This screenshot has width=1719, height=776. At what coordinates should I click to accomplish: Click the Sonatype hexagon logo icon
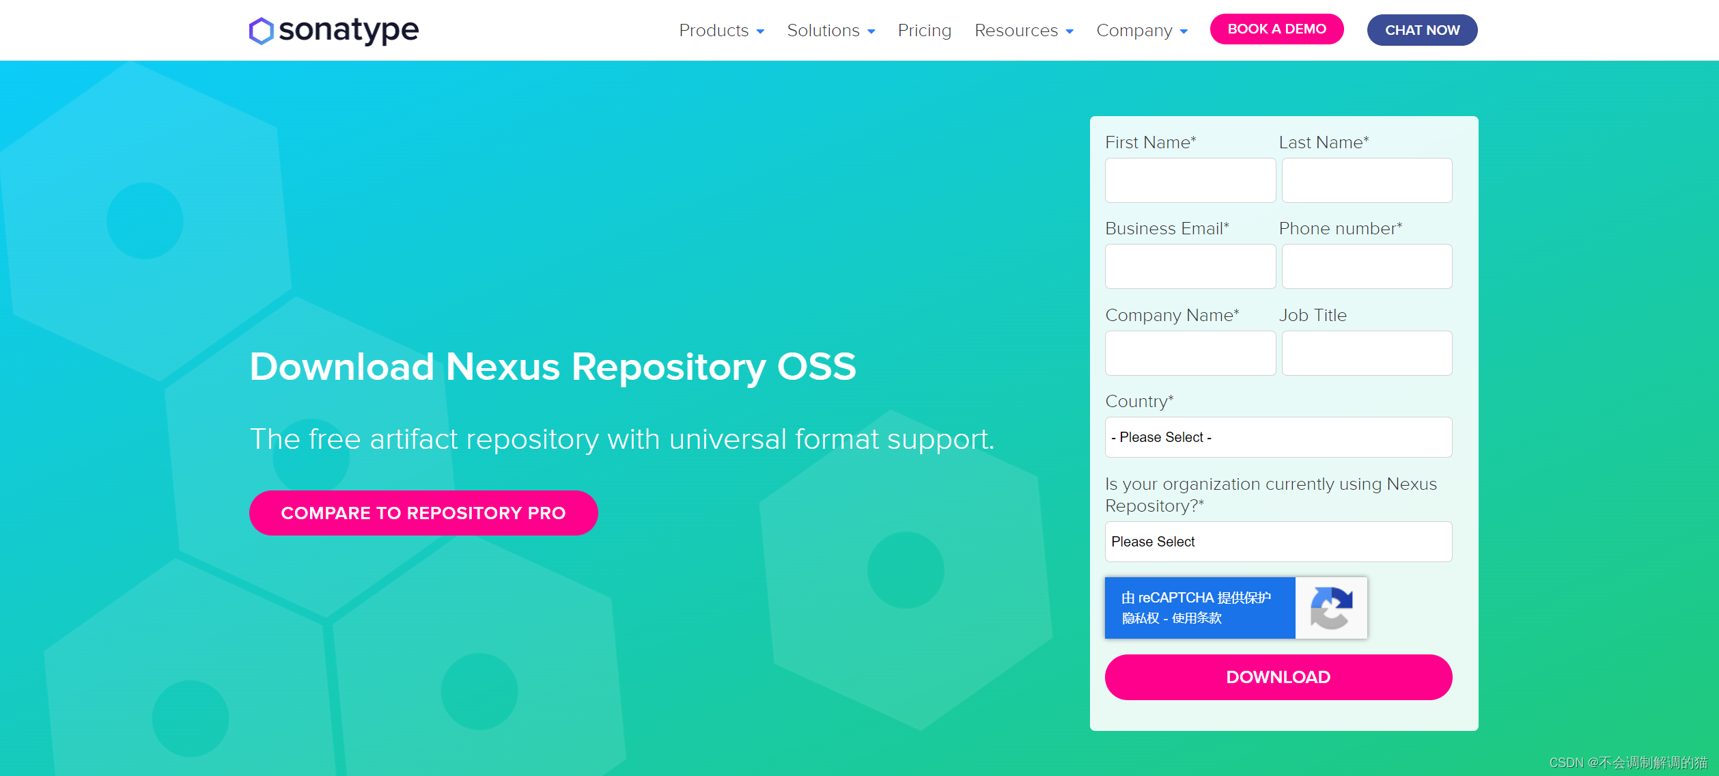[x=261, y=31]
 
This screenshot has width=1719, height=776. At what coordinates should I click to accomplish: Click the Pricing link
[x=924, y=31]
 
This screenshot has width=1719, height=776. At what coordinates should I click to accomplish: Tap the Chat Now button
[x=1422, y=30]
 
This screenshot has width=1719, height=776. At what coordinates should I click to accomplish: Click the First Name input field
[x=1190, y=180]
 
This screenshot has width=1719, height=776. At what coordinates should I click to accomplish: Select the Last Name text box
[x=1367, y=180]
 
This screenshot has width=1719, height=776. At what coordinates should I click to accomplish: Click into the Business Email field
[x=1190, y=266]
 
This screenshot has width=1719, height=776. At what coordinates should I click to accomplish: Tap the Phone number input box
[x=1367, y=266]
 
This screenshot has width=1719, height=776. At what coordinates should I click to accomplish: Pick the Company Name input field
[x=1190, y=353]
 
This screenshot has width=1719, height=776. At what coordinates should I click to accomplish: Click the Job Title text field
[x=1367, y=353]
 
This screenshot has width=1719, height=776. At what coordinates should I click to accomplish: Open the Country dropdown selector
[x=1278, y=437]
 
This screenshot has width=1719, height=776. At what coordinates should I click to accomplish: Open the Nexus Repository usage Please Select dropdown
[x=1278, y=542]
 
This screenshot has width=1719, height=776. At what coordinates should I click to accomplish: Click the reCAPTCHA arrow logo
[x=1330, y=608]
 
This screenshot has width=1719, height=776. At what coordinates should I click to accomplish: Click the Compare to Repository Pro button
[x=423, y=513]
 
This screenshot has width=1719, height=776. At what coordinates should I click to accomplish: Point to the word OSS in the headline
[x=816, y=367]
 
